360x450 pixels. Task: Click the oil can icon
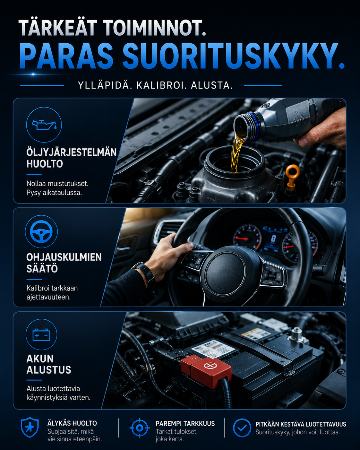click(44, 125)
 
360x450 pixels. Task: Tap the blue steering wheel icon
click(41, 231)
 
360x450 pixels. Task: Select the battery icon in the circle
click(41, 334)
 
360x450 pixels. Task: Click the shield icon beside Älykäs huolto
click(30, 427)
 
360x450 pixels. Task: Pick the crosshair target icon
click(140, 428)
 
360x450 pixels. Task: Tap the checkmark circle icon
click(242, 428)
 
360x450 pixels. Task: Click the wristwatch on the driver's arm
click(144, 272)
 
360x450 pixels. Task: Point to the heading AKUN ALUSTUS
click(49, 364)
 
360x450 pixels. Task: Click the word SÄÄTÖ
click(42, 269)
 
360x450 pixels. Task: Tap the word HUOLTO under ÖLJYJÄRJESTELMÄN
click(45, 164)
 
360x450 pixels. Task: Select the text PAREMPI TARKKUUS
click(185, 423)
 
